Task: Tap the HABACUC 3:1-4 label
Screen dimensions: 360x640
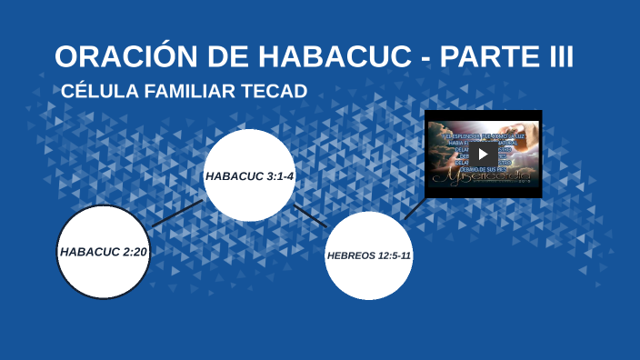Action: click(249, 175)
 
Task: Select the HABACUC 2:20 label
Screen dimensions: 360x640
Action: click(103, 251)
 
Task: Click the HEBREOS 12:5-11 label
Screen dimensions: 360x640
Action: click(368, 255)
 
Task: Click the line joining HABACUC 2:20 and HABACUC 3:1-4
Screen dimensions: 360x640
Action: click(177, 213)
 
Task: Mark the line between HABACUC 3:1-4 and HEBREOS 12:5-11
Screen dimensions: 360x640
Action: click(311, 215)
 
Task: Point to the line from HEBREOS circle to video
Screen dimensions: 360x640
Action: click(414, 209)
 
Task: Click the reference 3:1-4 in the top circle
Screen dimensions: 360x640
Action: click(277, 175)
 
